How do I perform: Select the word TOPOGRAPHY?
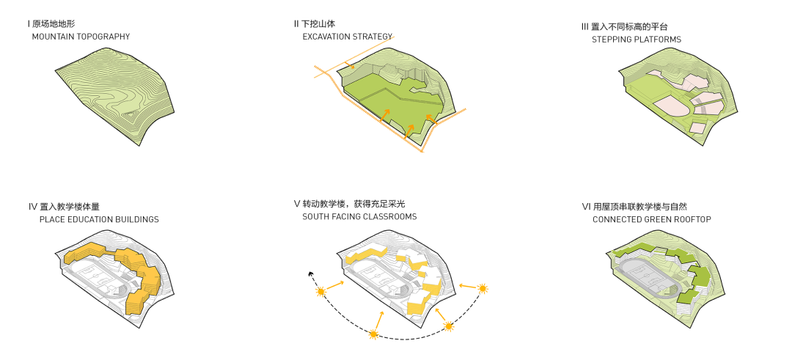point(105,36)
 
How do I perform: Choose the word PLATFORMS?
point(659,40)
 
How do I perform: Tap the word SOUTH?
point(316,216)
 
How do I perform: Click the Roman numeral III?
point(584,27)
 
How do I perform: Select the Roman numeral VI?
point(585,207)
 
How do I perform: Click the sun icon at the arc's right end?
point(483,289)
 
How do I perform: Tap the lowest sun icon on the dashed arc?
point(373,335)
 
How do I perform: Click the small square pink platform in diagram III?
point(698,128)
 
